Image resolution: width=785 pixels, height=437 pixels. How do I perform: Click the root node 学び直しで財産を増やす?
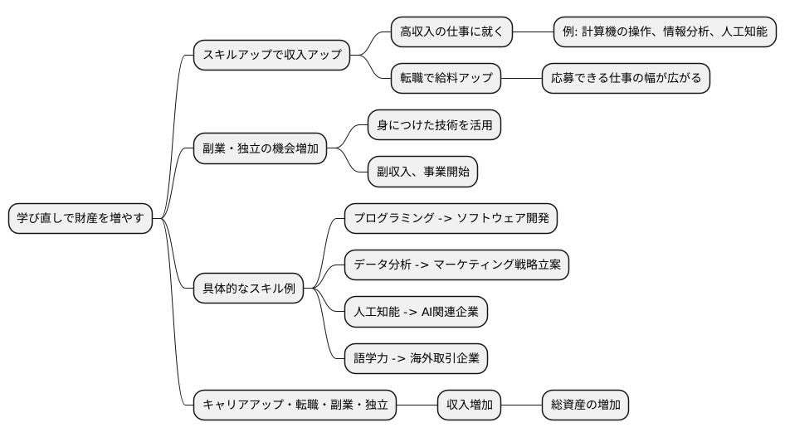tap(80, 219)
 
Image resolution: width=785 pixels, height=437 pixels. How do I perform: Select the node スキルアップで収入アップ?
tap(271, 56)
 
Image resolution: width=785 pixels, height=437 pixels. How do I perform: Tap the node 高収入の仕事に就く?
tap(451, 32)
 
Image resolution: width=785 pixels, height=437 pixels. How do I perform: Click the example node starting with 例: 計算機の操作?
tap(665, 32)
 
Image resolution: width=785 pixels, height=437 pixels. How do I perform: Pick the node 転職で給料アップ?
tap(446, 79)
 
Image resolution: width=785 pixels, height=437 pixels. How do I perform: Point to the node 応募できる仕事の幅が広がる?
tap(626, 79)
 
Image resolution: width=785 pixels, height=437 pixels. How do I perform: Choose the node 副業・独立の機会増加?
tap(260, 149)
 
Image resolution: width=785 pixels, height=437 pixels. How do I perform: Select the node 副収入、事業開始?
tap(423, 172)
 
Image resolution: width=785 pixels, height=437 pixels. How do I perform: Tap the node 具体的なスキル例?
tap(249, 289)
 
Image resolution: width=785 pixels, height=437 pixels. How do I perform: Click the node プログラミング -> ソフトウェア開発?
tap(451, 219)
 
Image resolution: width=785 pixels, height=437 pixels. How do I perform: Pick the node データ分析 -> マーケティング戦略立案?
tap(456, 265)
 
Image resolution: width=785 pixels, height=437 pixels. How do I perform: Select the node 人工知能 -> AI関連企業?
tap(416, 313)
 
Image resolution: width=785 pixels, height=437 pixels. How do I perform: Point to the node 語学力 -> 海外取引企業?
tap(416, 359)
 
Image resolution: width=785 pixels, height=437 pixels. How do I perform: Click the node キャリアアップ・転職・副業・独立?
tap(295, 405)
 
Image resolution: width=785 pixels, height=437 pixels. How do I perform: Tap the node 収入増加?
tap(470, 405)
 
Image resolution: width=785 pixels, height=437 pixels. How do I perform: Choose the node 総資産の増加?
tap(584, 405)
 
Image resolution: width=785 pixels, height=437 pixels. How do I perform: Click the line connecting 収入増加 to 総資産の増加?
tap(521, 405)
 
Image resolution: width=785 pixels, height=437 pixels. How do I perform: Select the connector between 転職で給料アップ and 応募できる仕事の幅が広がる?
tap(521, 79)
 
